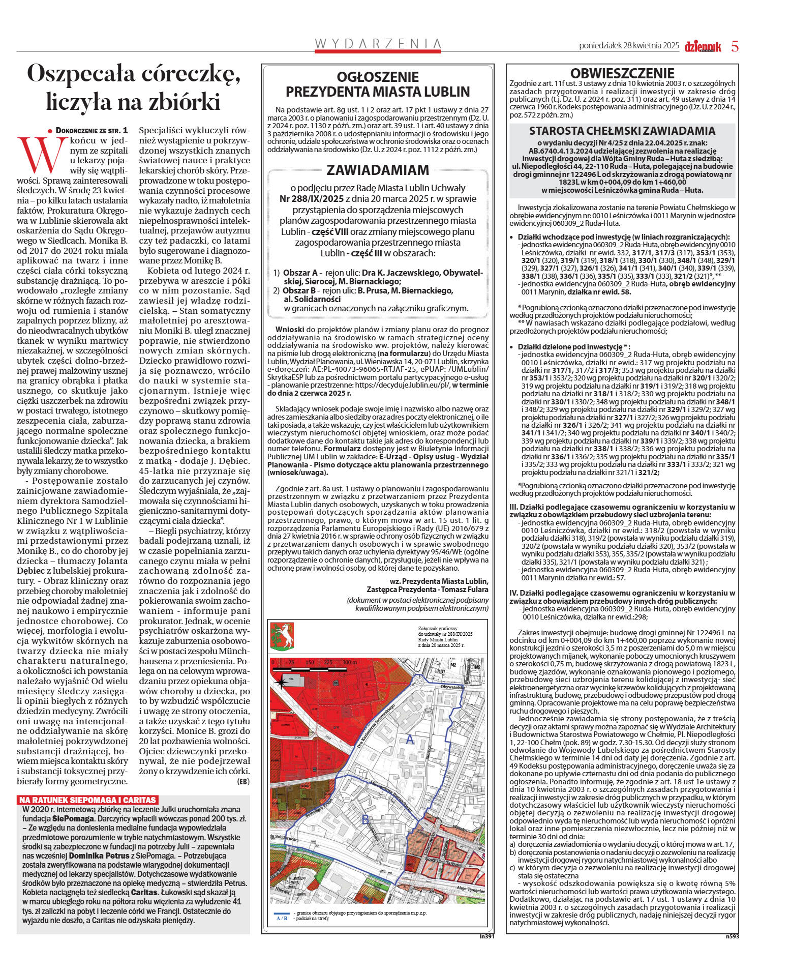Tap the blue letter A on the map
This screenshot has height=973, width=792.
coord(409,741)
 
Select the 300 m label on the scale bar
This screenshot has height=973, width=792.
coord(350,663)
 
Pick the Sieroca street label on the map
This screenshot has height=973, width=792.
coord(430,752)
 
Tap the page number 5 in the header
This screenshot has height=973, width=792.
coord(735,46)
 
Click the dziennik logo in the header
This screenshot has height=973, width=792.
coord(703,46)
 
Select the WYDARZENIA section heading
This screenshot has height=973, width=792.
coord(377,44)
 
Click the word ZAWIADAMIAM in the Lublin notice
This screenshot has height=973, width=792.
coord(377,169)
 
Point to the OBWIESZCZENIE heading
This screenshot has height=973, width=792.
coord(622,73)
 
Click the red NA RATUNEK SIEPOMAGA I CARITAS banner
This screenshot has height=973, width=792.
coord(87,800)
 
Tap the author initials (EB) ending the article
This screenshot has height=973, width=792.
coord(243,781)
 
